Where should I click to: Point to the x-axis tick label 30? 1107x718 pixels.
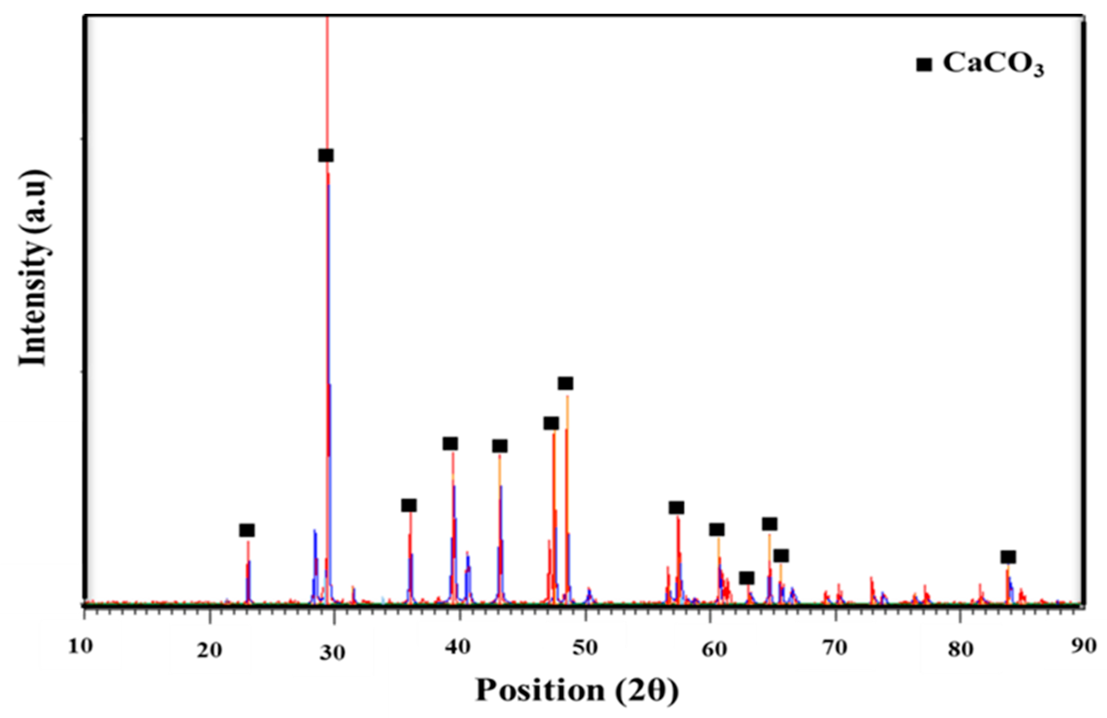[x=333, y=653]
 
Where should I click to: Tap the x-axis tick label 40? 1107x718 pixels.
[x=460, y=649]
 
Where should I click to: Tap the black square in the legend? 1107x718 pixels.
[x=924, y=65]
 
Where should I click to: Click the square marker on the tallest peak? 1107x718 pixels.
[x=326, y=155]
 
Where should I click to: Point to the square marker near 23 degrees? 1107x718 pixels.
[x=247, y=530]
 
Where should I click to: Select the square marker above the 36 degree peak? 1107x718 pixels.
[x=409, y=505]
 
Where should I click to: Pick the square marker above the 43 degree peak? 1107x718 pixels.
[x=500, y=446]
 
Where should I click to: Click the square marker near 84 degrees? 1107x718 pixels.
[x=1008, y=557]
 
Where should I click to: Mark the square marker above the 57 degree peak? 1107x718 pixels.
[x=676, y=507]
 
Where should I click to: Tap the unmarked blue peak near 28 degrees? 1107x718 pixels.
[x=315, y=558]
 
